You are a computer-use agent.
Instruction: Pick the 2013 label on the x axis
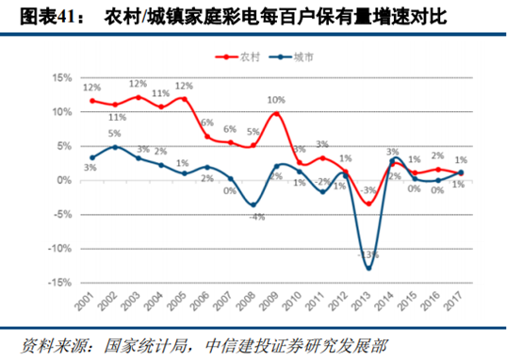(x=367, y=303)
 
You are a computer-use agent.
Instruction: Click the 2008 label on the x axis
(x=253, y=303)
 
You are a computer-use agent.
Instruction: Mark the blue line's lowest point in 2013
(x=368, y=269)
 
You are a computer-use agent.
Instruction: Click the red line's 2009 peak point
(x=276, y=114)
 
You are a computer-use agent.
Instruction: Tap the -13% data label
(x=368, y=254)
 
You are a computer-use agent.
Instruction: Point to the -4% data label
(x=253, y=219)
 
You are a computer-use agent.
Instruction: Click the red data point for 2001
(x=92, y=100)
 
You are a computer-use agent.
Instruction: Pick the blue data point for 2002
(x=115, y=147)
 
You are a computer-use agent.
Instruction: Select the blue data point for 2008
(x=253, y=205)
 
